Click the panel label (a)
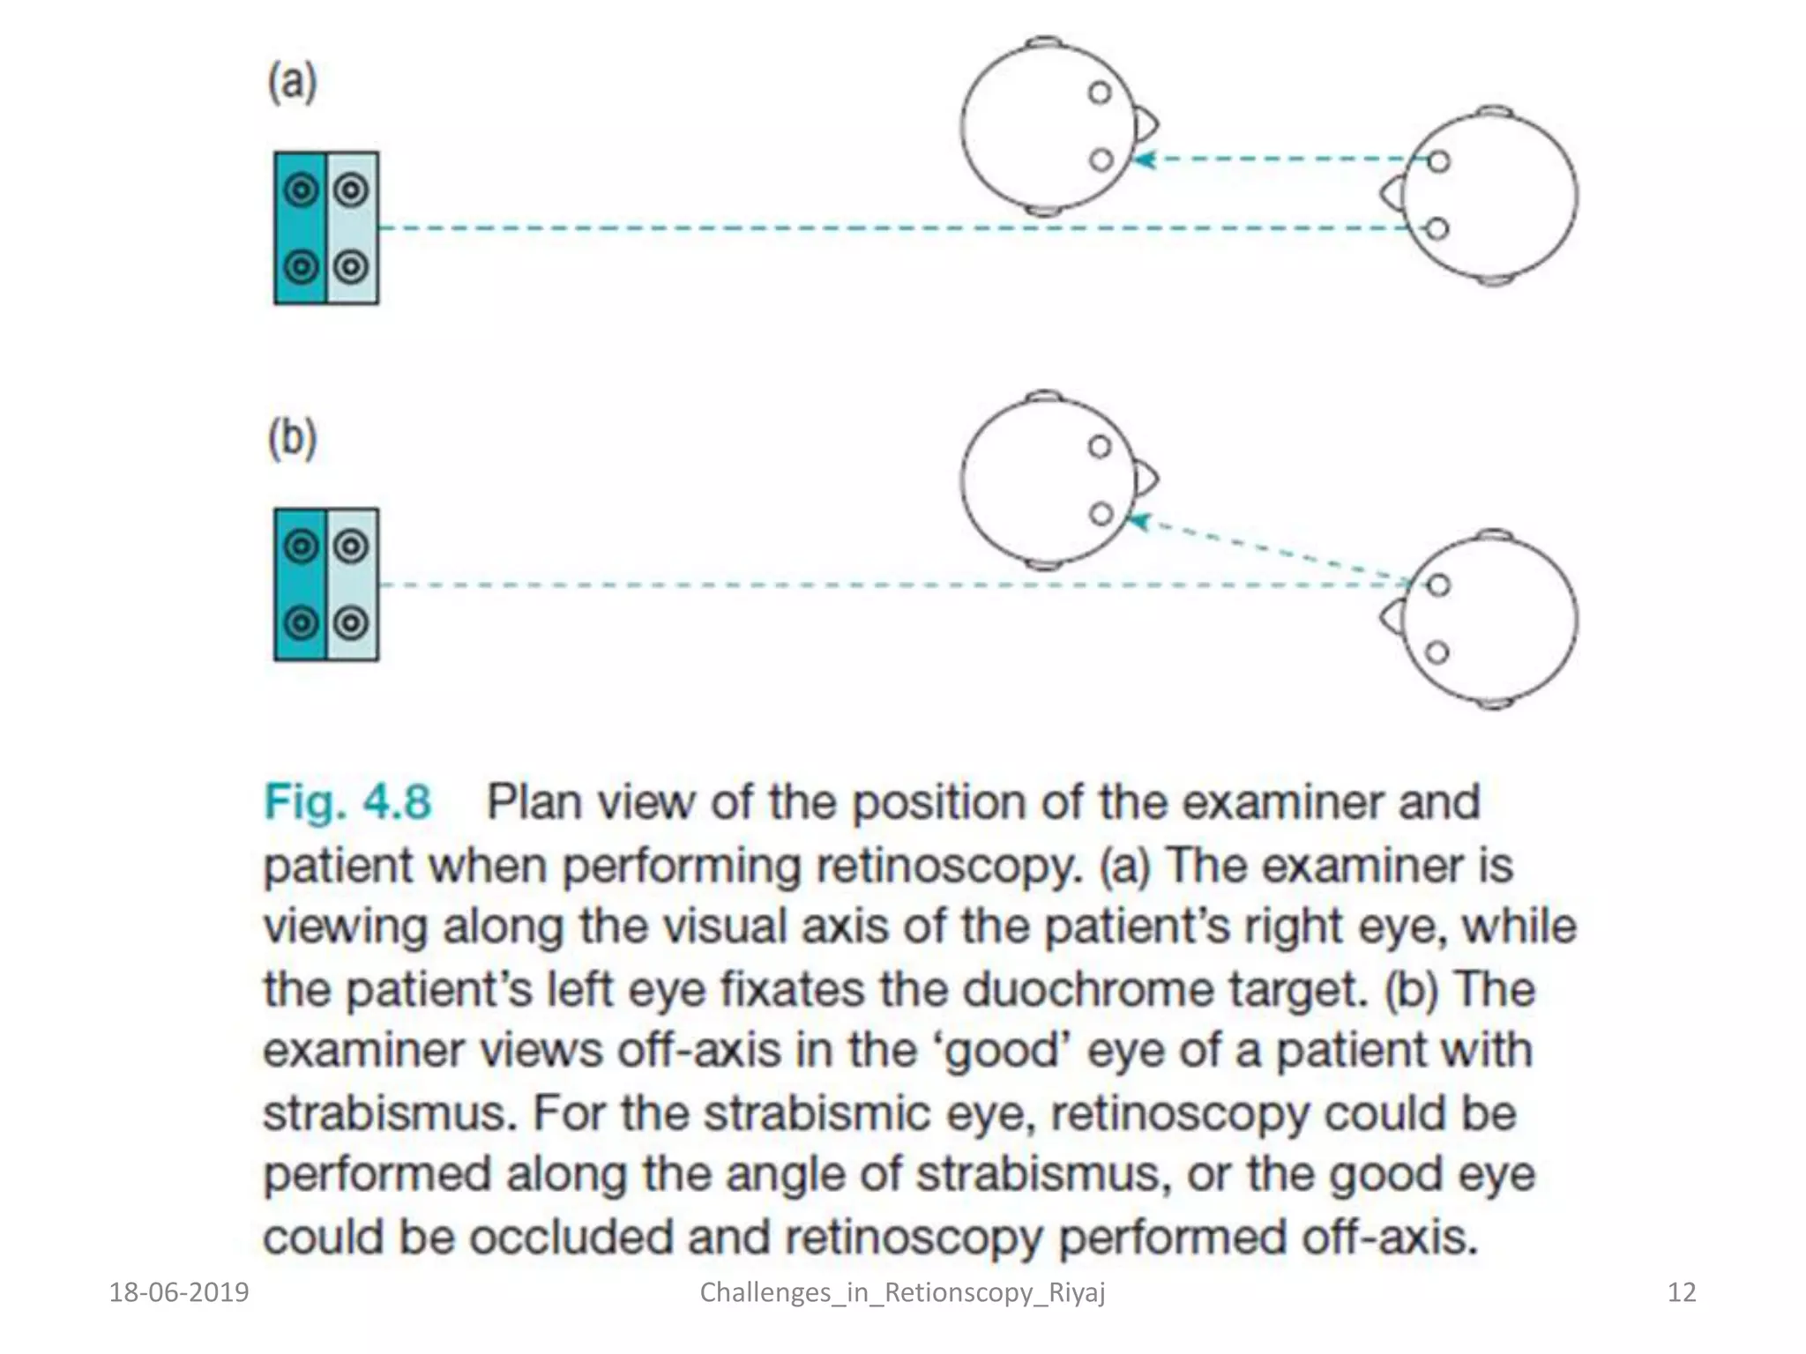(292, 83)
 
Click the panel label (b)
(292, 438)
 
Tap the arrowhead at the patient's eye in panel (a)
(1144, 160)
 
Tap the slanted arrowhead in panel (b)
(1140, 522)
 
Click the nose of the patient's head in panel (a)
(1147, 125)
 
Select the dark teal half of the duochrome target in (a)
(301, 228)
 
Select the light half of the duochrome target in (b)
(352, 584)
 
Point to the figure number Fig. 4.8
(347, 802)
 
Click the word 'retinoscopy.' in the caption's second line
(948, 866)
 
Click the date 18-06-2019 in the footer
(179, 1292)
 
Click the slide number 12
(1682, 1292)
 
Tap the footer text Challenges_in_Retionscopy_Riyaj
(902, 1292)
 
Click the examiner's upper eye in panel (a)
(1438, 161)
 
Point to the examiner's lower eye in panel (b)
(1437, 652)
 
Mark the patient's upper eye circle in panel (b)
(1099, 447)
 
